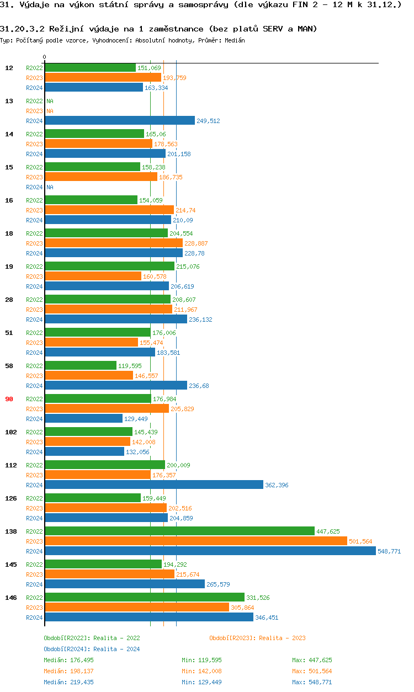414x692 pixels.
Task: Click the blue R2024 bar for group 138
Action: [x=210, y=551]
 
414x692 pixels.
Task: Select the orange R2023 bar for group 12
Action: [x=103, y=77]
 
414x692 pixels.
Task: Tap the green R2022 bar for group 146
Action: [x=144, y=597]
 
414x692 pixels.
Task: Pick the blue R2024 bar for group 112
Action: [x=153, y=485]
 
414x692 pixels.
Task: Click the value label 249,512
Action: [x=208, y=121]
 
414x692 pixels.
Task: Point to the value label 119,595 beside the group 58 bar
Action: [x=130, y=366]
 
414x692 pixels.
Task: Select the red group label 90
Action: [x=9, y=399]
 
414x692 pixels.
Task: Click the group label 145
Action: [x=11, y=565]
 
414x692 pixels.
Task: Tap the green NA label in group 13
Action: [x=50, y=101]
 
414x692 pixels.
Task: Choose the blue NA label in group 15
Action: [x=50, y=187]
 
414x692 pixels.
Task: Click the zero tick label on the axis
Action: [x=45, y=57]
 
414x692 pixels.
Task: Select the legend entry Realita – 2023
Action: [x=257, y=638]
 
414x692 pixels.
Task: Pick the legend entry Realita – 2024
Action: [x=92, y=649]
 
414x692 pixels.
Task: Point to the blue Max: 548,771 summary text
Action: [x=312, y=682]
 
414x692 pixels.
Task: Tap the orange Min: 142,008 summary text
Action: [x=201, y=671]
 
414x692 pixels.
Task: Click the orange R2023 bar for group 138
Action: [x=195, y=541]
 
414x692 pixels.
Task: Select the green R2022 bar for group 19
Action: [x=109, y=266]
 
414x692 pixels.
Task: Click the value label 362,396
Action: [x=277, y=485]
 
